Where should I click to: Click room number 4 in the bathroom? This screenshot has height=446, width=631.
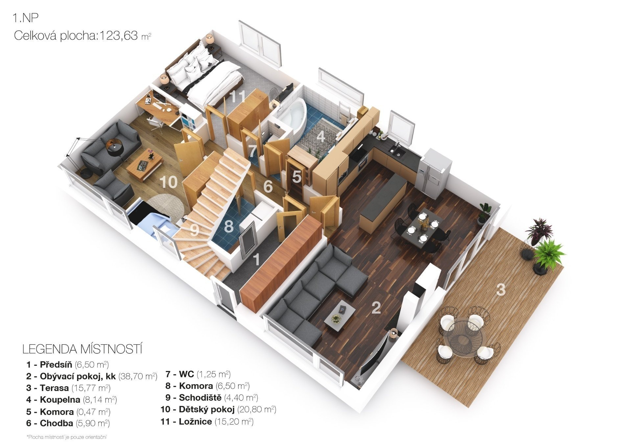click(321, 136)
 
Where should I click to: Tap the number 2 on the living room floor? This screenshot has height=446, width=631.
click(376, 308)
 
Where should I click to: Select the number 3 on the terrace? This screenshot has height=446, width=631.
click(501, 290)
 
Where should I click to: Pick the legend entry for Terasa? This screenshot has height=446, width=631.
click(68, 388)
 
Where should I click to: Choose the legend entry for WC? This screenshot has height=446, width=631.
click(198, 374)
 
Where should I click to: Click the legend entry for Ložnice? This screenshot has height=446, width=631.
click(207, 422)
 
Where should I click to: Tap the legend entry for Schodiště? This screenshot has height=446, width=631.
click(212, 398)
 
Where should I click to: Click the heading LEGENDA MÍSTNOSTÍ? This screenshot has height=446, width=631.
click(82, 349)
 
